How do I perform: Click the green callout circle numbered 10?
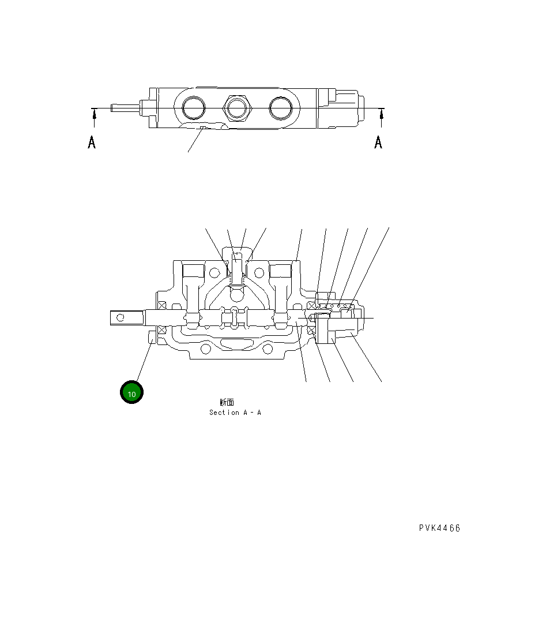pos(131,393)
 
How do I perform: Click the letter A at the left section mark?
pos(92,142)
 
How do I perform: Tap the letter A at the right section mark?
pos(378,142)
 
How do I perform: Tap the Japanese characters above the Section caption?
pos(227,402)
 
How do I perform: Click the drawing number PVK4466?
pos(439,528)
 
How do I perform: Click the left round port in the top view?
pos(193,107)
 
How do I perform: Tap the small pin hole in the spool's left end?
pos(121,317)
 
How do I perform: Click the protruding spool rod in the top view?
pos(126,107)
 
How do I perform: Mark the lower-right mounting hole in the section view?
pos(266,349)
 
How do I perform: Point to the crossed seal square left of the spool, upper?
pos(161,305)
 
